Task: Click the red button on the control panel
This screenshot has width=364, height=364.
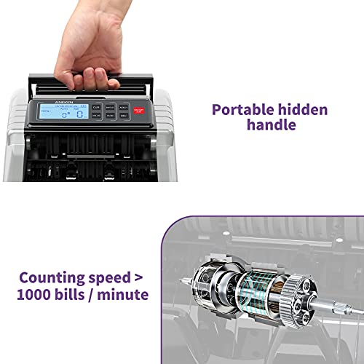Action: [x=139, y=111]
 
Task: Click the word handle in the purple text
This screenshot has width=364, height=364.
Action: [x=269, y=125]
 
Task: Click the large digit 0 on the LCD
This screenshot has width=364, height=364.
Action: [x=64, y=114]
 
